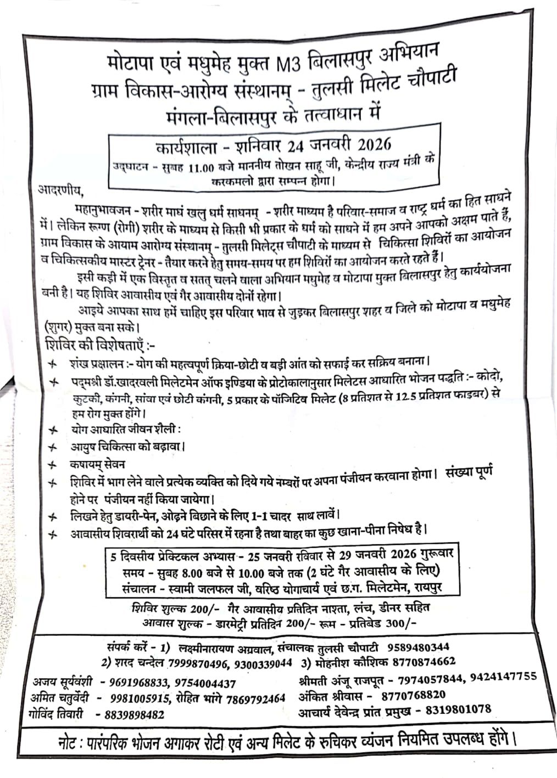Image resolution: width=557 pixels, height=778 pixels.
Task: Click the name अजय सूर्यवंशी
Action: tap(63, 683)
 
